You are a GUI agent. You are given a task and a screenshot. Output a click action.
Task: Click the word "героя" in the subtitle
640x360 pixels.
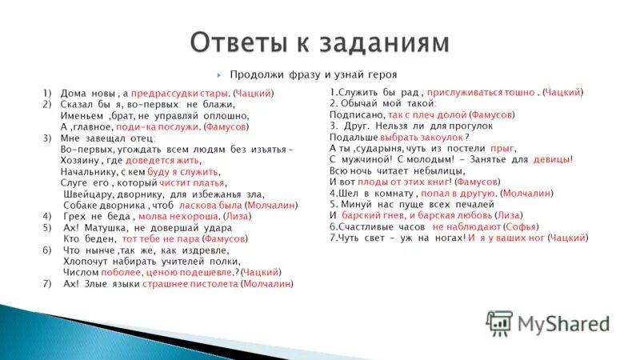pyautogui.click(x=398, y=74)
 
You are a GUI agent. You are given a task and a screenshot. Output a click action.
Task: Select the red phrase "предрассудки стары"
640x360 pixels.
pyautogui.click(x=181, y=94)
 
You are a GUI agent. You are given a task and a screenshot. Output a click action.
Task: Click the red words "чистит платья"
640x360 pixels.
pyautogui.click(x=190, y=182)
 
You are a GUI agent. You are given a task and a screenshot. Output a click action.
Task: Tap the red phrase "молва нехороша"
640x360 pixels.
pyautogui.click(x=176, y=216)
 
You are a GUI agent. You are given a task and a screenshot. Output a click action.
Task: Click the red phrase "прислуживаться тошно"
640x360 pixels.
pyautogui.click(x=482, y=93)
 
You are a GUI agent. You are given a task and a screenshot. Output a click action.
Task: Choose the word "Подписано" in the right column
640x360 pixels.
pyautogui.click(x=354, y=115)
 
